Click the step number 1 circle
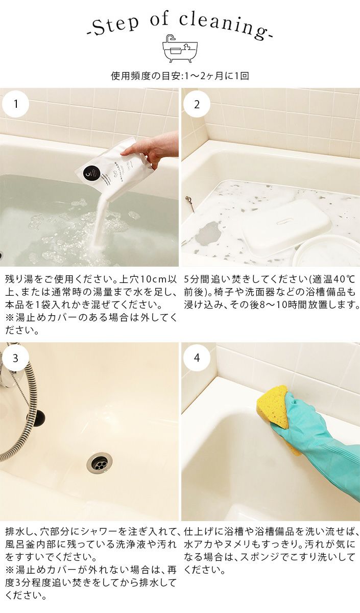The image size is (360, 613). [x=16, y=104]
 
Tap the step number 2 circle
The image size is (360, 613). [x=197, y=104]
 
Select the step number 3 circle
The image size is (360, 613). [x=16, y=358]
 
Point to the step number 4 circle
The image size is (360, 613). [x=197, y=358]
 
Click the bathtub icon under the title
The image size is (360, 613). [x=180, y=49]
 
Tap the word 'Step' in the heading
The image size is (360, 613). [x=115, y=27]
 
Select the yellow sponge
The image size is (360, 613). [x=273, y=407]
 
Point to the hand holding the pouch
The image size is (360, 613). [x=153, y=150]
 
